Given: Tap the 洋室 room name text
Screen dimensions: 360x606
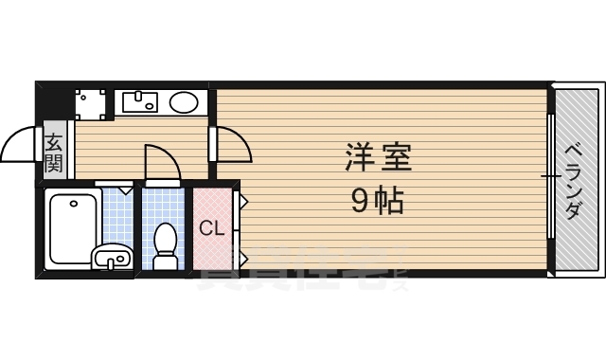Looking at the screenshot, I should click(378, 157).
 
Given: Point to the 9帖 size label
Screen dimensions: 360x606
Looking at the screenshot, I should click(378, 200).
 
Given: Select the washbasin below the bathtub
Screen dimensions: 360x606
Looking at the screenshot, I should click(112, 256).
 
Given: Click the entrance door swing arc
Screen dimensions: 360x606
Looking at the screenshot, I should click(20, 147).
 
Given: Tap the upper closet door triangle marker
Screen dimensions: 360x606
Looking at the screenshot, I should click(241, 201).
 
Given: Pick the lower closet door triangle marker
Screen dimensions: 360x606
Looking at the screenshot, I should click(241, 257).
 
